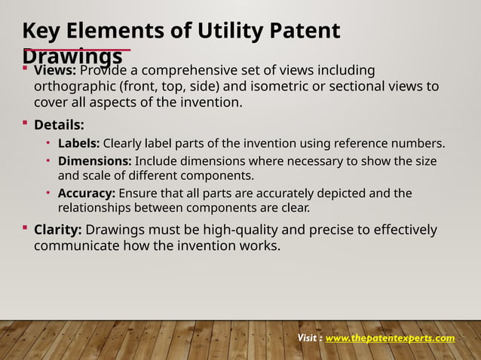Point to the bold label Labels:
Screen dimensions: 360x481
[79, 143]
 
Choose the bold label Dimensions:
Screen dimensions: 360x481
[94, 161]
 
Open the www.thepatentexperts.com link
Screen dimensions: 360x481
[390, 337]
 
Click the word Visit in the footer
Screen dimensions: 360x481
[309, 337]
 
